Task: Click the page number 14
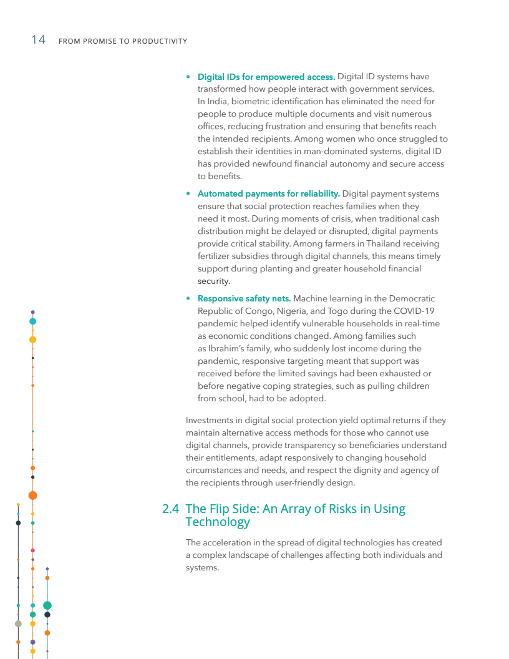(x=38, y=40)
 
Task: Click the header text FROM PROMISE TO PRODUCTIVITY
(x=122, y=41)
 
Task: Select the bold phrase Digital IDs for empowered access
(x=266, y=77)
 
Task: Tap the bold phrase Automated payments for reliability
(x=268, y=193)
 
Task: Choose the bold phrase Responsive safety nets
(x=244, y=298)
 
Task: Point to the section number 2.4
(x=171, y=509)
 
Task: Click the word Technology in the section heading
(x=218, y=522)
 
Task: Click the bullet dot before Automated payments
(x=188, y=193)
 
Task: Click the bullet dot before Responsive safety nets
(x=188, y=298)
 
